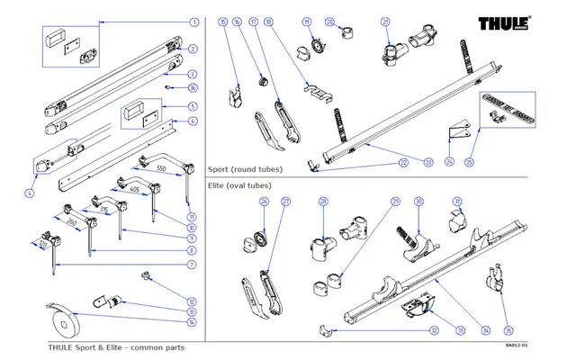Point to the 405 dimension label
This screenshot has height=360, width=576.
pos(134,191)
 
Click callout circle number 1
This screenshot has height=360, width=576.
pos(193,21)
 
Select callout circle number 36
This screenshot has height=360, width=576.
pos(193,87)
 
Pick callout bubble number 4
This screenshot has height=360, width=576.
pos(31,193)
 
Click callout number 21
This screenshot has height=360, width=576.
pos(386,21)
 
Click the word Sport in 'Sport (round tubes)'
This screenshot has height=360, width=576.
pos(219,168)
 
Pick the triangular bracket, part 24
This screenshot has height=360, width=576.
pos(459,132)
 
